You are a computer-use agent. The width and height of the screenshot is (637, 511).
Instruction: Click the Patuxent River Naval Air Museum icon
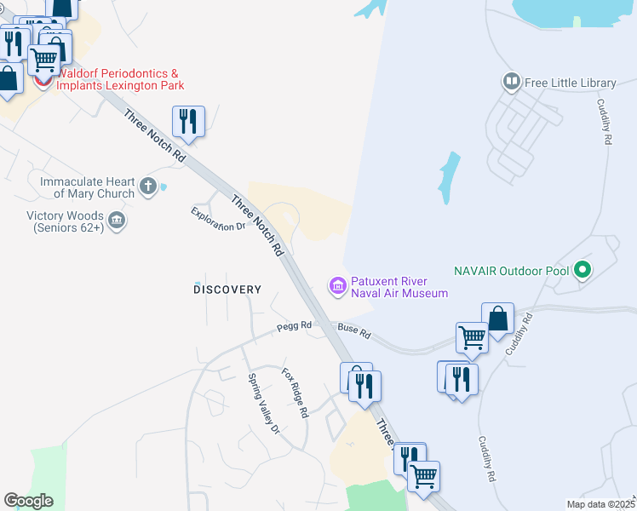[338, 285]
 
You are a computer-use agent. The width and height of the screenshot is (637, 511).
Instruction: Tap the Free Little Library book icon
[512, 83]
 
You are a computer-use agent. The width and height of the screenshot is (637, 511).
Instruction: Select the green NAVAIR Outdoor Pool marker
[582, 271]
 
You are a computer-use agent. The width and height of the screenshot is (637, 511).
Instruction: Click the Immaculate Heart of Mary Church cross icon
[148, 187]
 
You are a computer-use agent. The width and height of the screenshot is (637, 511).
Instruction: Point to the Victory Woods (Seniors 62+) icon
[118, 221]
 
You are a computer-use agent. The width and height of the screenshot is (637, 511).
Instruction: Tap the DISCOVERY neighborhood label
[227, 290]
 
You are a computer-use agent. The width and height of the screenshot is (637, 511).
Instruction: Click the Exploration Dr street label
[217, 220]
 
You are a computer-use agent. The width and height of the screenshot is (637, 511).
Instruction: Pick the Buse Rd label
[354, 330]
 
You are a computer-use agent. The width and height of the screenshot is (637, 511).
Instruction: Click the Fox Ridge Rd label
[295, 393]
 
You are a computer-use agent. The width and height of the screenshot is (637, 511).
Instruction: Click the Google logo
[28, 501]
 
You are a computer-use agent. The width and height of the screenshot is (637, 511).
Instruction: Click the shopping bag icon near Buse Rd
[497, 319]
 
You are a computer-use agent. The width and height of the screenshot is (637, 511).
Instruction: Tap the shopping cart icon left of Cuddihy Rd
[472, 337]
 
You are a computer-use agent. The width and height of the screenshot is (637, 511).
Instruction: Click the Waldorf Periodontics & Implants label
[120, 80]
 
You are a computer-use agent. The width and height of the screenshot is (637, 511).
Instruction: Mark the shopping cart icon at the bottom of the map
[423, 475]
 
